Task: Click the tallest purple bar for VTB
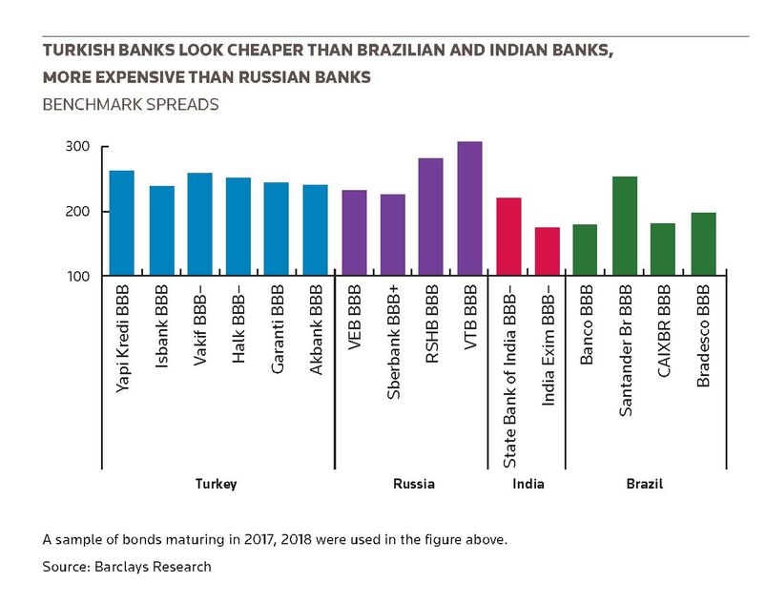tap(469, 208)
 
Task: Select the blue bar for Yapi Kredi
tap(122, 223)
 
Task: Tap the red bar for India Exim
tap(548, 251)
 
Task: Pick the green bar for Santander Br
tap(624, 226)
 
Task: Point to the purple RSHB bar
tap(431, 217)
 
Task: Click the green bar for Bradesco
tap(703, 244)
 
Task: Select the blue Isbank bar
tap(162, 231)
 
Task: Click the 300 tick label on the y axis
tap(77, 147)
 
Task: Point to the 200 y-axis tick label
tap(77, 212)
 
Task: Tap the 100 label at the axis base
tap(78, 277)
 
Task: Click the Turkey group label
tap(216, 485)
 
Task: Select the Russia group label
tap(414, 484)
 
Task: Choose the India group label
tap(528, 484)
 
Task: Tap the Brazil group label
tap(644, 484)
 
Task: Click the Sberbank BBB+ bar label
tap(393, 342)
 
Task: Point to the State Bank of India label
tap(509, 377)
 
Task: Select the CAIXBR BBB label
tap(664, 331)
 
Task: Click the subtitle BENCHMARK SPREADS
tap(131, 105)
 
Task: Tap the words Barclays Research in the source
tap(153, 567)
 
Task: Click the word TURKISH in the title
tap(77, 50)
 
